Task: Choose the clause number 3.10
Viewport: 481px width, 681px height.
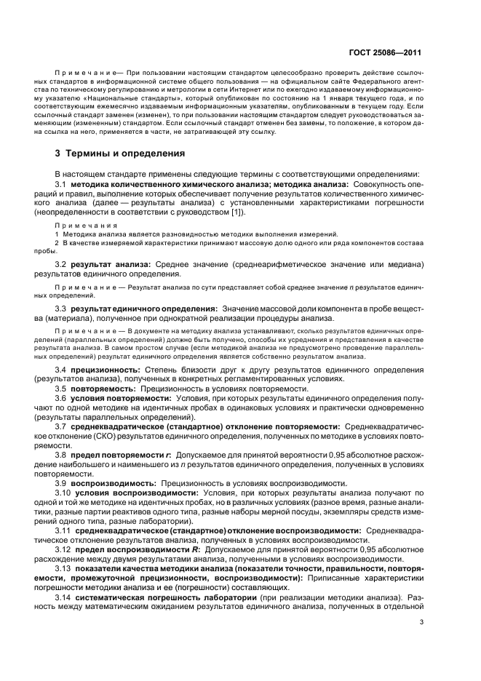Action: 63,493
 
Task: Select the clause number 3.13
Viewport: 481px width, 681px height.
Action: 63,567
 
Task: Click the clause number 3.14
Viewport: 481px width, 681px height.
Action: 63,596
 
